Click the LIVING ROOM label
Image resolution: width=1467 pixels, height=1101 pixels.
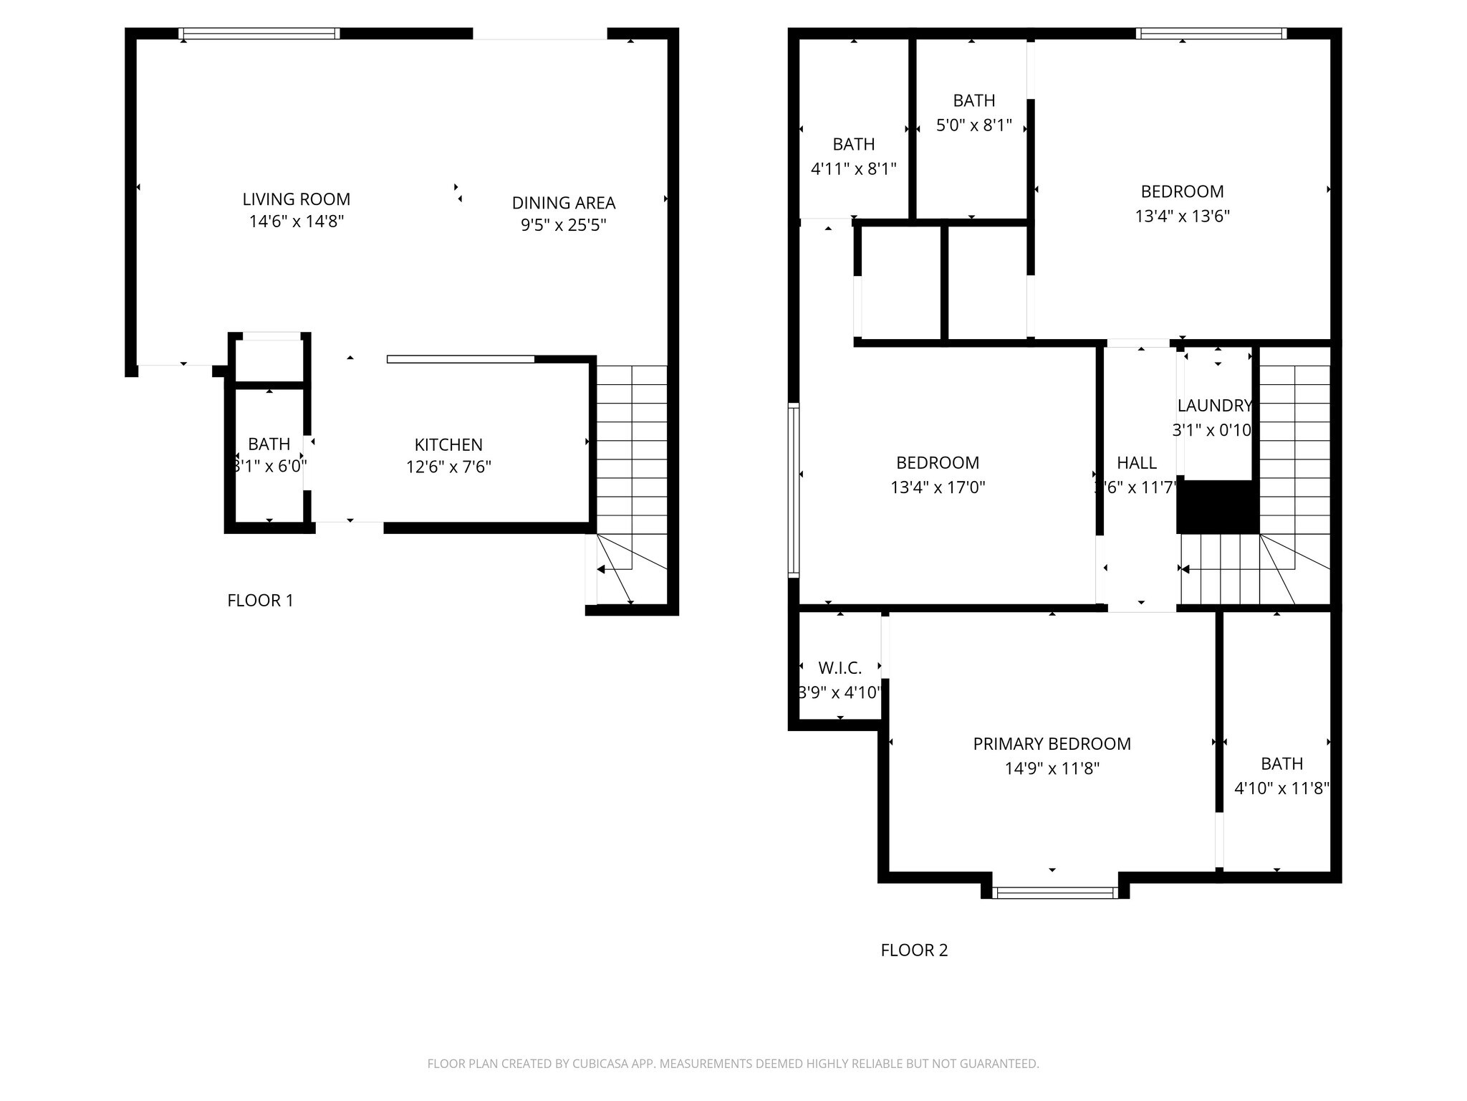pyautogui.click(x=296, y=199)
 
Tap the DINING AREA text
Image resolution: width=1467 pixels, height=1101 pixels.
pyautogui.click(x=563, y=203)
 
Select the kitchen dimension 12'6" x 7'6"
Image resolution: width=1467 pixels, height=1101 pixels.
pyautogui.click(x=448, y=467)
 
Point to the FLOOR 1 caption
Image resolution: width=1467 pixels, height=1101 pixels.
pyautogui.click(x=260, y=601)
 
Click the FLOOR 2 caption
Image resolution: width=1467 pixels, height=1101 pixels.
pyautogui.click(x=914, y=950)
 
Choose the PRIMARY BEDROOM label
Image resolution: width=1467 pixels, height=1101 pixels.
pyautogui.click(x=1052, y=744)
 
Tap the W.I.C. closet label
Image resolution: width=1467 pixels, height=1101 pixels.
pyautogui.click(x=840, y=668)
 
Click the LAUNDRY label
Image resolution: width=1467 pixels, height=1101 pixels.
pyautogui.click(x=1214, y=406)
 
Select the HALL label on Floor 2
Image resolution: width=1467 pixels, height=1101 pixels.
pyautogui.click(x=1136, y=463)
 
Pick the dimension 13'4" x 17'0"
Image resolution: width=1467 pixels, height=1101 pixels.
pyautogui.click(x=938, y=487)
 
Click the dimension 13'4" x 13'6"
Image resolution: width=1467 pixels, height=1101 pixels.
pyautogui.click(x=1182, y=216)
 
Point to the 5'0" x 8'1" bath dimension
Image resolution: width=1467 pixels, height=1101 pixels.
pyautogui.click(x=973, y=125)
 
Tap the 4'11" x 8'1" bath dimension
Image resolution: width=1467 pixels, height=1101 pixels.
pyautogui.click(x=853, y=169)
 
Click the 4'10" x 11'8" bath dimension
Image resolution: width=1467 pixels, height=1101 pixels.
pyautogui.click(x=1281, y=788)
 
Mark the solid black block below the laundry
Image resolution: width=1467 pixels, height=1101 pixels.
pyautogui.click(x=1218, y=507)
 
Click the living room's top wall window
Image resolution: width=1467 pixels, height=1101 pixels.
pyautogui.click(x=259, y=33)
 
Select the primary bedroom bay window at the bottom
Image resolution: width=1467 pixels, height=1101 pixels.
pyautogui.click(x=1055, y=892)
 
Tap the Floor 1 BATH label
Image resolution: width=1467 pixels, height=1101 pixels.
pyautogui.click(x=269, y=444)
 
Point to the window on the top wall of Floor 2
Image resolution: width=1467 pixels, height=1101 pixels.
pyautogui.click(x=1211, y=33)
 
